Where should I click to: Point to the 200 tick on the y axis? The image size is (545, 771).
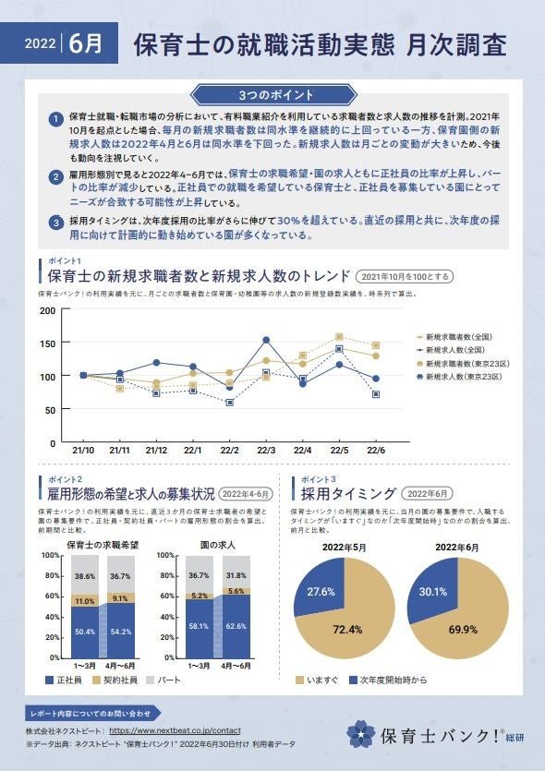click(46, 309)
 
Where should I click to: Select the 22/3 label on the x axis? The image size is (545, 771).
click(266, 450)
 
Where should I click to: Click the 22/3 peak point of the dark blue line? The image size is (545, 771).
click(266, 340)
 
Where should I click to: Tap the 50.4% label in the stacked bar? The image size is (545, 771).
click(84, 632)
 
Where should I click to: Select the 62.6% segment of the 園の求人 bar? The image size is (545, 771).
click(236, 625)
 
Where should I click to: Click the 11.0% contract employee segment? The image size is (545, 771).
click(84, 600)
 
